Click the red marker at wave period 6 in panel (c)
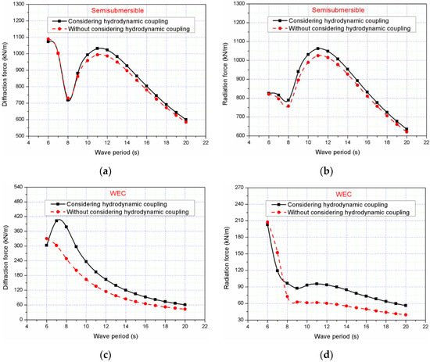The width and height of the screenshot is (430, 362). click(47, 238)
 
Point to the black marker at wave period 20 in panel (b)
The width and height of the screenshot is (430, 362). click(406, 129)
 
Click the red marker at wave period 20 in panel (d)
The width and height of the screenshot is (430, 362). click(407, 314)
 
